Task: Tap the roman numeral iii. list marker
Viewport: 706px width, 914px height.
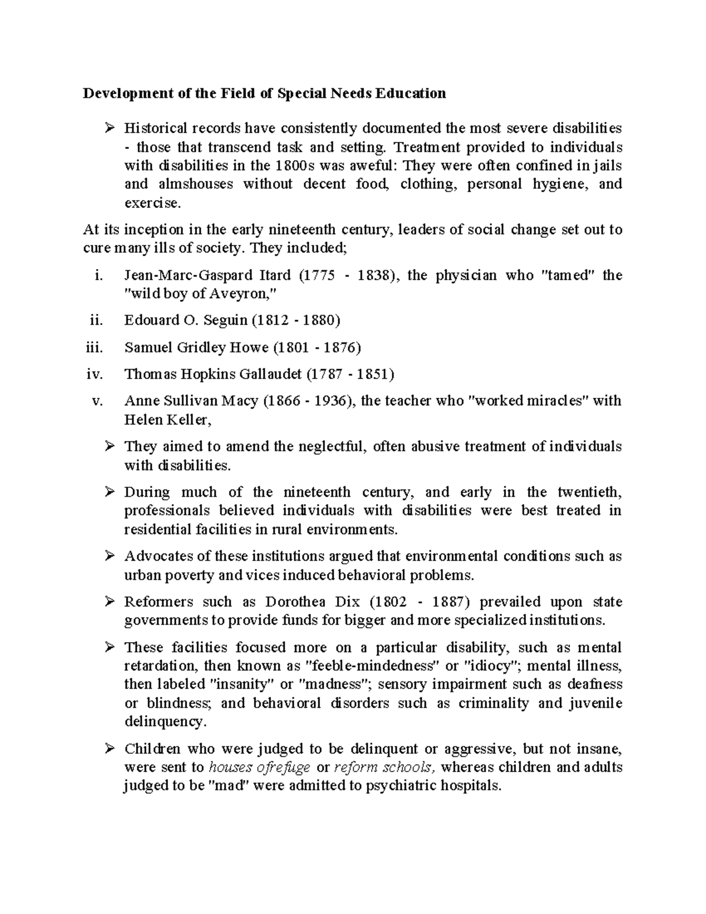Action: pos(94,347)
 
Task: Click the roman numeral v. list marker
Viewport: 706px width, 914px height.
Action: pos(98,401)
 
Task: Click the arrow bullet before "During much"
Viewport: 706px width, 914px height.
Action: pos(109,492)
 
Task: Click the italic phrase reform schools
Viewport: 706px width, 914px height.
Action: pos(385,767)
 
